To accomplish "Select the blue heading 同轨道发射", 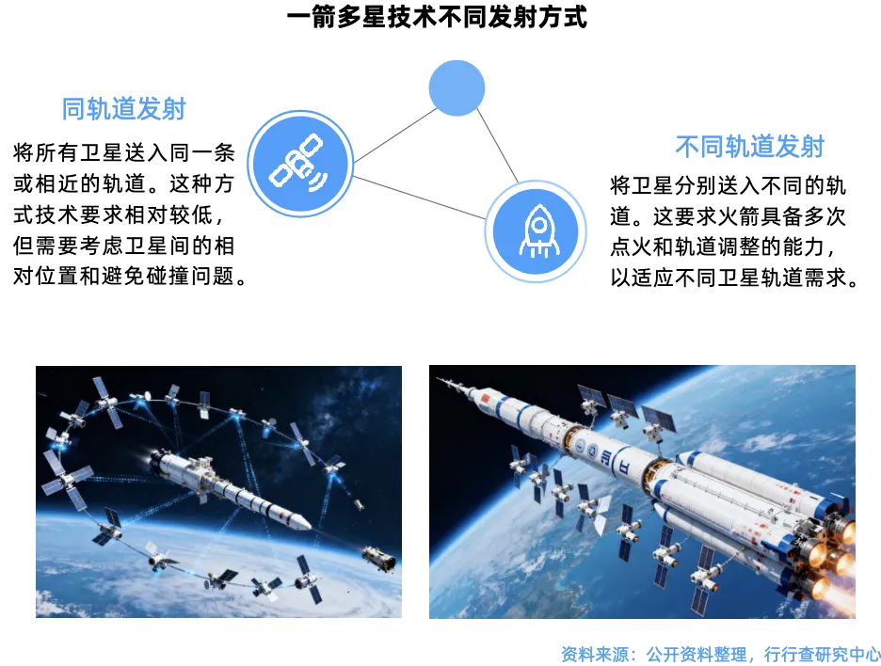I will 123,109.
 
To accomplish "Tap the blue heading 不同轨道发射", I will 749,146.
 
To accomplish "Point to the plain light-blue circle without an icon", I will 457,88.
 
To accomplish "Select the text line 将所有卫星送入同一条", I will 123,151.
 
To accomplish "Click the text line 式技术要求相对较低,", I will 123,214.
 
